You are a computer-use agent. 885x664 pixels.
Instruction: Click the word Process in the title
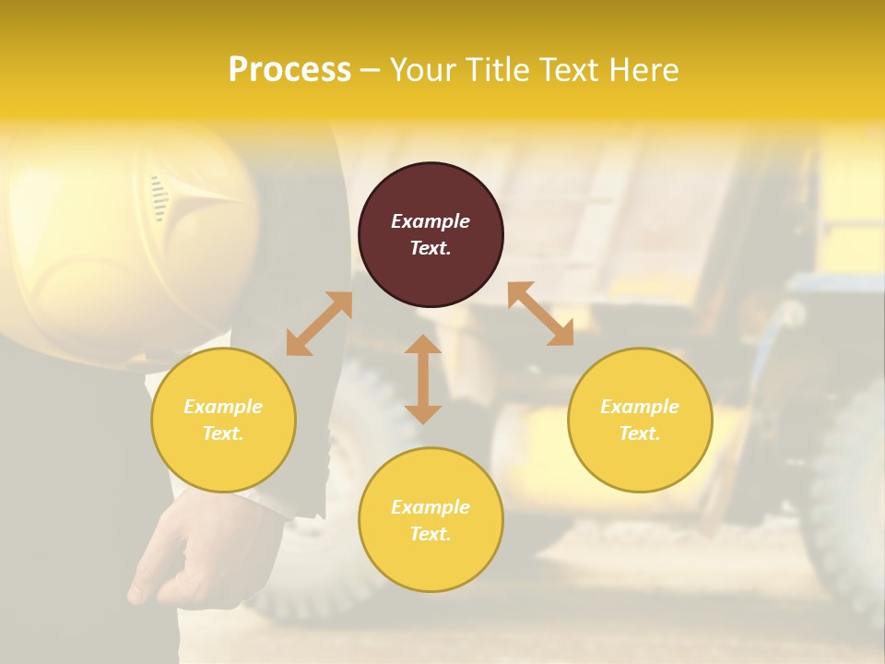[x=289, y=70]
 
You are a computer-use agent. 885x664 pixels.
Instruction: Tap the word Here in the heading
[x=643, y=70]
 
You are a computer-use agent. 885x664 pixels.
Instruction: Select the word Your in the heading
[x=423, y=70]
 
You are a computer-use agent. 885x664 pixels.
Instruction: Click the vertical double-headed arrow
[x=423, y=379]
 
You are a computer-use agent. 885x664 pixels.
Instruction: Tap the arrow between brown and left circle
[x=319, y=324]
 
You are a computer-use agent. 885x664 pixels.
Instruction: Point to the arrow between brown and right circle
[x=540, y=314]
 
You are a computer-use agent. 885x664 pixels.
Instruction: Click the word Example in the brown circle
[x=431, y=221]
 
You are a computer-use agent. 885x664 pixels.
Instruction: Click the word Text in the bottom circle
[x=431, y=534]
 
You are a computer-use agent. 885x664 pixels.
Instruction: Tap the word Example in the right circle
[x=640, y=407]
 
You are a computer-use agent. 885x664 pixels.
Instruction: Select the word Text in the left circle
[x=223, y=433]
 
